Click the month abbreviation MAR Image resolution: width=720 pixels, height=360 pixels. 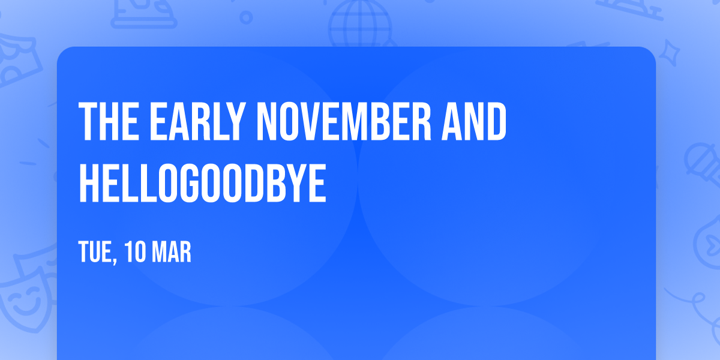click(x=172, y=252)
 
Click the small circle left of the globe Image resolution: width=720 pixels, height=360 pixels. click(x=246, y=17)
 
